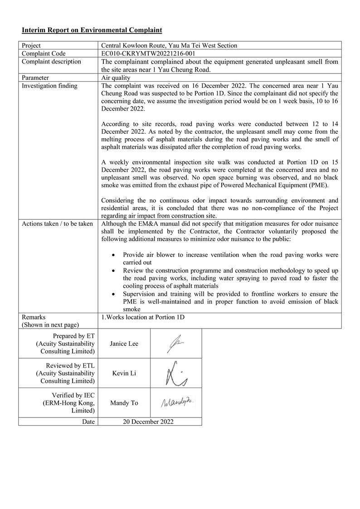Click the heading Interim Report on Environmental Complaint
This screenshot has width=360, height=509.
click(x=92, y=30)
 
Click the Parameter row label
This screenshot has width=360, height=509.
click(x=35, y=78)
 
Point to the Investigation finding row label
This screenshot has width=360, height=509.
click(x=49, y=86)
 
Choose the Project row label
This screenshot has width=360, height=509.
click(x=31, y=45)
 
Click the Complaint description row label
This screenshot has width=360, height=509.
click(x=51, y=62)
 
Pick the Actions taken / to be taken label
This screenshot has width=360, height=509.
click(x=57, y=223)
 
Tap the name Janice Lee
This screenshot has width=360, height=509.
click(x=124, y=344)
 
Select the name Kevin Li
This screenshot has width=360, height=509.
click(x=124, y=373)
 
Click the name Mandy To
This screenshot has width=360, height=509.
click(x=124, y=403)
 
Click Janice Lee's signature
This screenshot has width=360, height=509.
click(x=175, y=344)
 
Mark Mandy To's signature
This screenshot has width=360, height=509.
click(x=177, y=402)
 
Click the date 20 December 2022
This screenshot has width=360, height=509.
click(x=148, y=422)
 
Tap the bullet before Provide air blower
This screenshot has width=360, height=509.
click(x=113, y=255)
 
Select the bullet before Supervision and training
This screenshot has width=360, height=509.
click(x=113, y=294)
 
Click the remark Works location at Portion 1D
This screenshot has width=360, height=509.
click(x=143, y=317)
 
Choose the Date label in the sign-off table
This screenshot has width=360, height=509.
click(x=89, y=422)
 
